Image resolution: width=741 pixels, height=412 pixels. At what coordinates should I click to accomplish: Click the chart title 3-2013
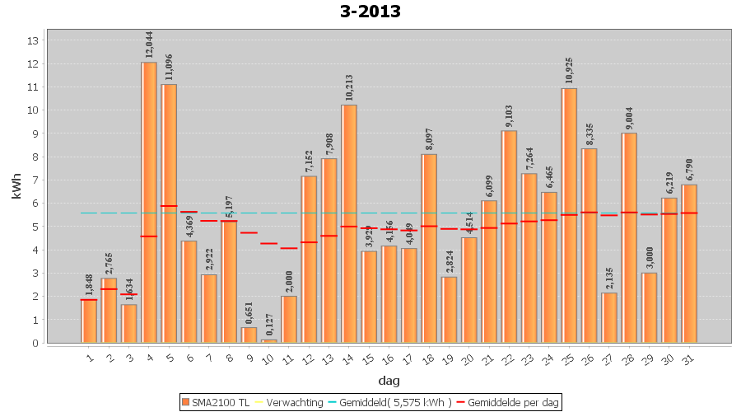pyautogui.click(x=370, y=12)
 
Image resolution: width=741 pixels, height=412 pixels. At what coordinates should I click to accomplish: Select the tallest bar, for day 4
pyautogui.click(x=149, y=202)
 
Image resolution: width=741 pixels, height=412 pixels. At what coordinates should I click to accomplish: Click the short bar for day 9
pyautogui.click(x=249, y=335)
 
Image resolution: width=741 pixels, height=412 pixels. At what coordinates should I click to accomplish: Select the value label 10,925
pyautogui.click(x=569, y=71)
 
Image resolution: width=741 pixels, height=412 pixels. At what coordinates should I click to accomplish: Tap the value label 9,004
pyautogui.click(x=629, y=116)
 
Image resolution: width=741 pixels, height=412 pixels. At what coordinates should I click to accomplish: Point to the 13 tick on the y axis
pyautogui.click(x=34, y=40)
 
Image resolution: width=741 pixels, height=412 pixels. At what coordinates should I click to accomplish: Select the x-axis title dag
pyautogui.click(x=389, y=381)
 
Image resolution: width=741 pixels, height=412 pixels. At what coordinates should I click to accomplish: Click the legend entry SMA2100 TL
pyautogui.click(x=216, y=402)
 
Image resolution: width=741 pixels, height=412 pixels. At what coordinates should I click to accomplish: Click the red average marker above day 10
pyautogui.click(x=268, y=243)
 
